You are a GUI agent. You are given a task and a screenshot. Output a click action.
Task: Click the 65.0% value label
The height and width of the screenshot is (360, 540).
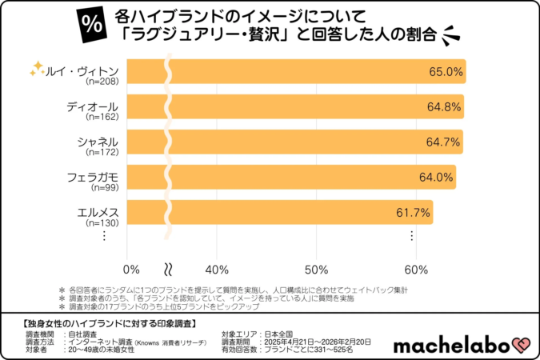[446, 71]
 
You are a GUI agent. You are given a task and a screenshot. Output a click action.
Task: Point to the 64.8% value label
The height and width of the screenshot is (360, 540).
[444, 106]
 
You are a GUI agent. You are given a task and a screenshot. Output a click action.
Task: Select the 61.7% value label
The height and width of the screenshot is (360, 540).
[414, 212]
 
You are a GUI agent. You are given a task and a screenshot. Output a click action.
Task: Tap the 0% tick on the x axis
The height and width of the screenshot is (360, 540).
[132, 267]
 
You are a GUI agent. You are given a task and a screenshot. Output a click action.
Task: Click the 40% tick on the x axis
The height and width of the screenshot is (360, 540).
[218, 267]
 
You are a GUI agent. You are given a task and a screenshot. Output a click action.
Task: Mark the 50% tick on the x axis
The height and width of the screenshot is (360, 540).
[317, 267]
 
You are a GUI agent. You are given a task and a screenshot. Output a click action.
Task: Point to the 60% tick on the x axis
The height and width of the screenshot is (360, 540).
[416, 267]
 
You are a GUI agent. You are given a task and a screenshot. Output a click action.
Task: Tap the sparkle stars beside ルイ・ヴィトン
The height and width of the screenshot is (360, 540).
[36, 69]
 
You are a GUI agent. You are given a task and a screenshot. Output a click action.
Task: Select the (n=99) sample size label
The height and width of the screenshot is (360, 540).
[105, 187]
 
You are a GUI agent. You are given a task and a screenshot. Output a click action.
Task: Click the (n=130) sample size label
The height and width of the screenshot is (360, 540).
[102, 222]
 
